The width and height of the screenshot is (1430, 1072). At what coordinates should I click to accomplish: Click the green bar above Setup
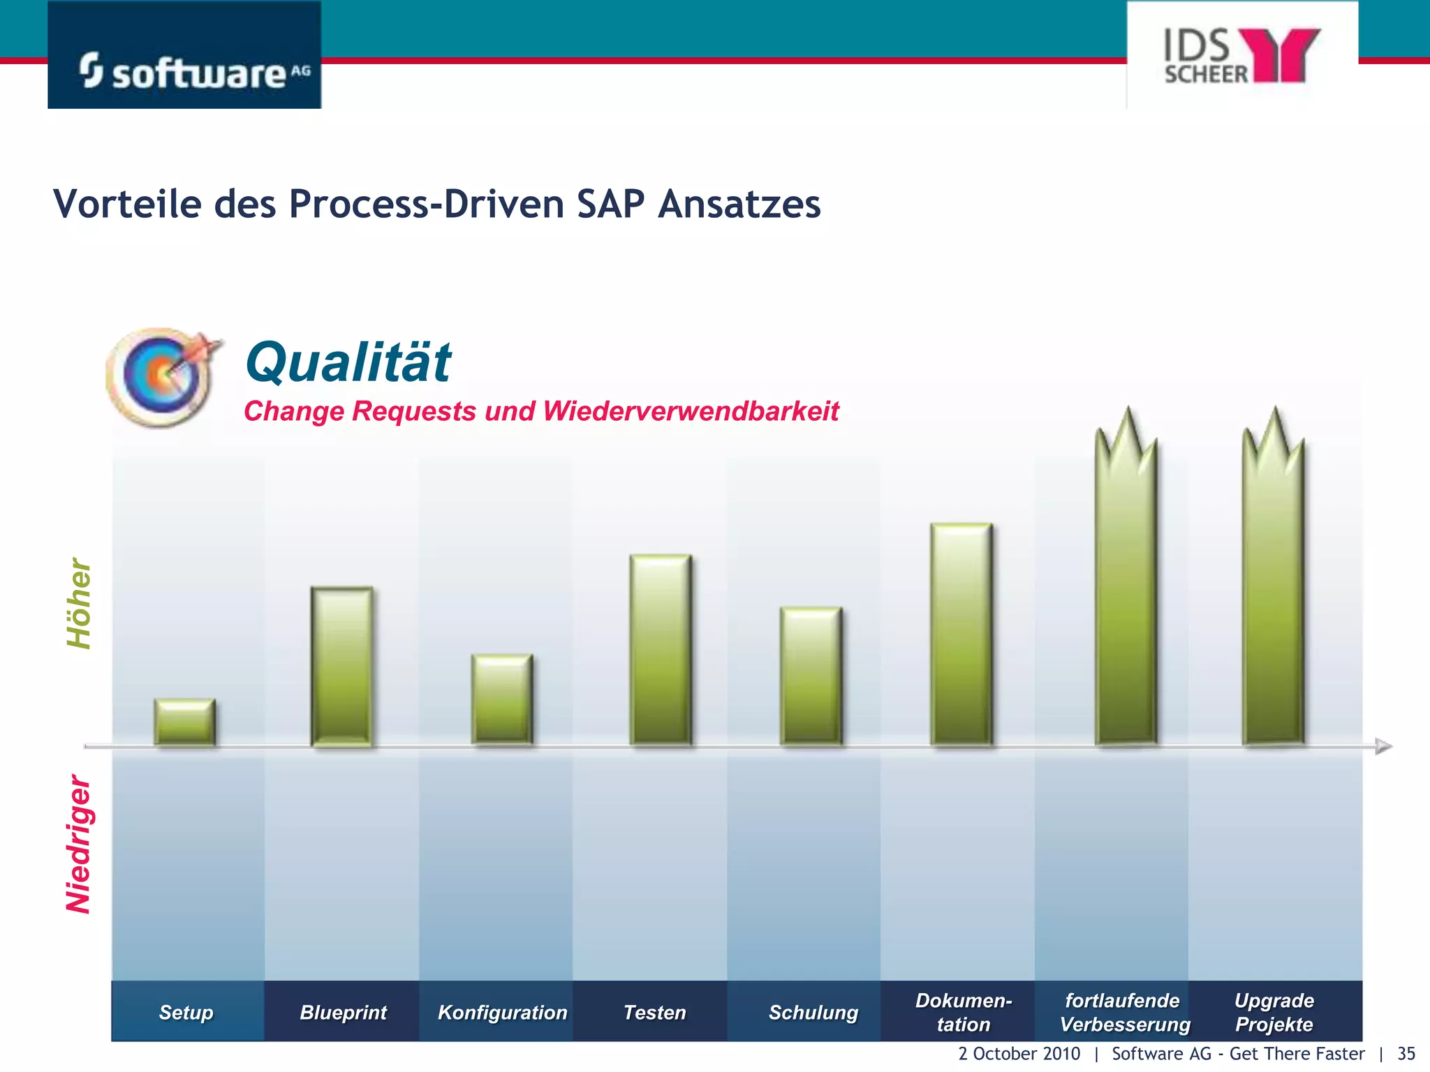tap(185, 722)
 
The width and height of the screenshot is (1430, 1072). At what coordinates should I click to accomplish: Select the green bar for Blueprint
tap(341, 667)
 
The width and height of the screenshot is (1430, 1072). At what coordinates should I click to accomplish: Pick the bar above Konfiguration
tap(502, 699)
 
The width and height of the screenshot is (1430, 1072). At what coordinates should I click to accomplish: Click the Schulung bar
tap(811, 676)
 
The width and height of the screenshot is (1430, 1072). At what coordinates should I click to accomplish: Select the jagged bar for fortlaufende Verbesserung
tap(1126, 593)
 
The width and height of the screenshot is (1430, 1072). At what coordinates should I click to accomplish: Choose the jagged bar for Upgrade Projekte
tap(1274, 593)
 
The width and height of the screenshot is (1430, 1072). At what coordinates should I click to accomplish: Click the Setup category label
tap(186, 1012)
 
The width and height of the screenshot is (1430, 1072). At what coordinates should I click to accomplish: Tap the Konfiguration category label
tap(502, 1012)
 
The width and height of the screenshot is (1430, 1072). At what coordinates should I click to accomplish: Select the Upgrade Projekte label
tap(1274, 1012)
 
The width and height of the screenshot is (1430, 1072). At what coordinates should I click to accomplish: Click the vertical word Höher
tap(80, 603)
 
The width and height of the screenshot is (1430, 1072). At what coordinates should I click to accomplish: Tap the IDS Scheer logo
tap(1241, 56)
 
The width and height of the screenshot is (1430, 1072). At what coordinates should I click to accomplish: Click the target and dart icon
tap(163, 377)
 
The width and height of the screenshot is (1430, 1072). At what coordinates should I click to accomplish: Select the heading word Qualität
tap(348, 362)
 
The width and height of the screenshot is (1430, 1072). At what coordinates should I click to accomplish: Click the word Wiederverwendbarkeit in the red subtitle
tap(690, 411)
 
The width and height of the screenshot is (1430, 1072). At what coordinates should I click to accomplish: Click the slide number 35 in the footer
tap(1406, 1054)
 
